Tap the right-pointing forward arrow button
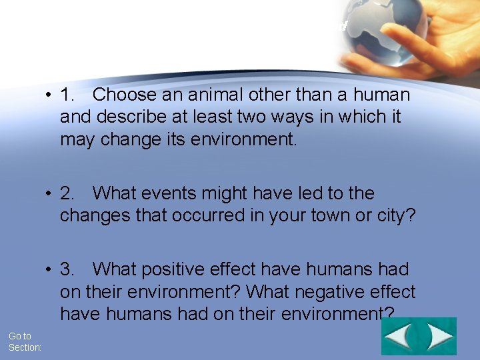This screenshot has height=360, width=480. [439, 337]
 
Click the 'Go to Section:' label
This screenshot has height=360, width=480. [25, 342]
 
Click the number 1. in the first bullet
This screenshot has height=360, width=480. [68, 95]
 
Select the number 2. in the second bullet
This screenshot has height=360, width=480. [68, 194]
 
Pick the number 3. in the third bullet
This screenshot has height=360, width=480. [68, 270]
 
